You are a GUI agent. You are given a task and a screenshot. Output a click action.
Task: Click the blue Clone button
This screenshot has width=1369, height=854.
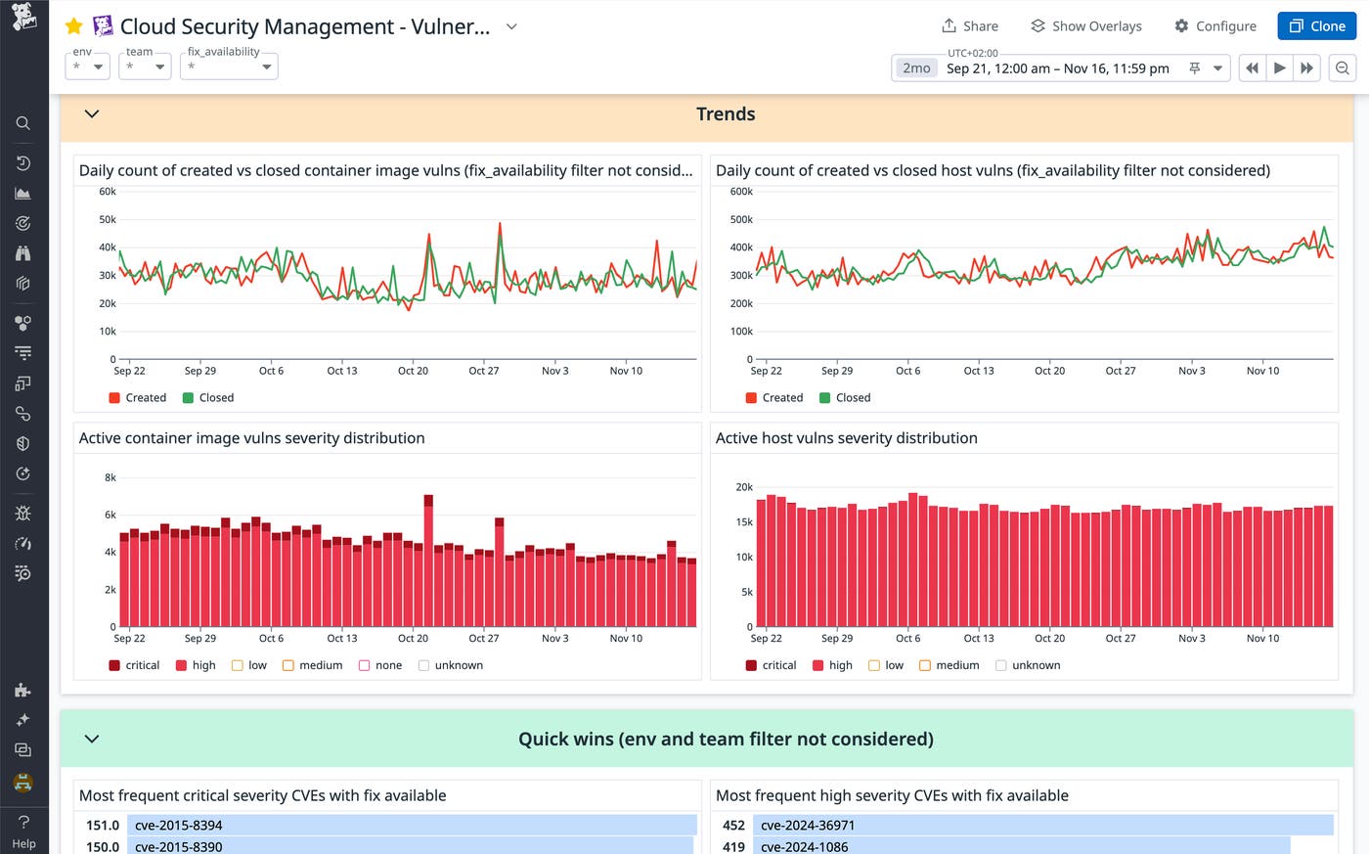click(1316, 26)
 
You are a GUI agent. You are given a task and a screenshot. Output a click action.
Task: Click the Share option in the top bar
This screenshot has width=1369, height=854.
click(969, 26)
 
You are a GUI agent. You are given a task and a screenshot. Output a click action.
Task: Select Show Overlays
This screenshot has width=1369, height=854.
click(1085, 26)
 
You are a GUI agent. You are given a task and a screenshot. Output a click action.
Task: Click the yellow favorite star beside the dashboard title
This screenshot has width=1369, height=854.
click(73, 26)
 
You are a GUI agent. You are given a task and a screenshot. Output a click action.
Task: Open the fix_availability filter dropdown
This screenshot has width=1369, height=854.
click(229, 67)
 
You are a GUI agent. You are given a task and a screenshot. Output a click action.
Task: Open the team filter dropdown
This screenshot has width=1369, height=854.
click(145, 67)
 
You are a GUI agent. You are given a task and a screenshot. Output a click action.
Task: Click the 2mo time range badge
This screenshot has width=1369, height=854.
click(916, 68)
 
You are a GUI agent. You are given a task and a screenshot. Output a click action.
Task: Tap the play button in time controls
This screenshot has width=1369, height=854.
click(1279, 68)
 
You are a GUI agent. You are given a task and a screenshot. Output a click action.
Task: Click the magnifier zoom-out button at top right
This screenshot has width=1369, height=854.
click(1343, 68)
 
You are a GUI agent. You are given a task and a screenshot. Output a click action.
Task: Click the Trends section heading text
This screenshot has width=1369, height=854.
click(726, 114)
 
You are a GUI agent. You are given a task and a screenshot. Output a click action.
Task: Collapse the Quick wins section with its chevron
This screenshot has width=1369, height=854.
click(92, 739)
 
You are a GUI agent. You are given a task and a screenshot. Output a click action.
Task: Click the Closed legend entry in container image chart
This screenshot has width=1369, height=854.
click(208, 398)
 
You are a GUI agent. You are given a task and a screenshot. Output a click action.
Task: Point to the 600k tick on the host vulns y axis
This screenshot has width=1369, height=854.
click(741, 192)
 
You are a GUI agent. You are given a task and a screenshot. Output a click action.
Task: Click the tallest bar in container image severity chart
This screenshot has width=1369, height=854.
click(428, 562)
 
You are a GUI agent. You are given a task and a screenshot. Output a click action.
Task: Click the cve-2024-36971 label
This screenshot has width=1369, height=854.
click(807, 826)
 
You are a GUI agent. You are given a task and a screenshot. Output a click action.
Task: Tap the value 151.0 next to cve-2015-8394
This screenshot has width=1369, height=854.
click(103, 826)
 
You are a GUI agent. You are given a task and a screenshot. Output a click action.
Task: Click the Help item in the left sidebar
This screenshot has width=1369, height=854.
click(23, 831)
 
